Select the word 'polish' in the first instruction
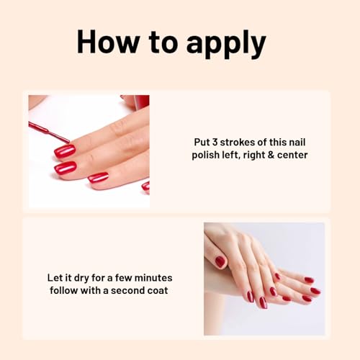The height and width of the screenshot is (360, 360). coord(209,155)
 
